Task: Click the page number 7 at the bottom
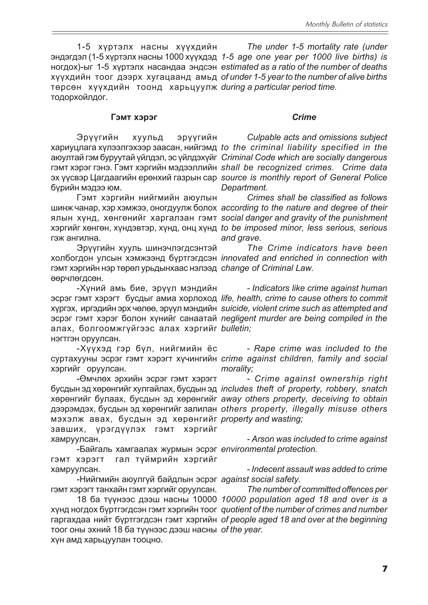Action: pos(385,576)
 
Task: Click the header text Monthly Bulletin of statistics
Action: pos(346,24)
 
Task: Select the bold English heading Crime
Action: pos(304,117)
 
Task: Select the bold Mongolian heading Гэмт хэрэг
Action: pos(134,117)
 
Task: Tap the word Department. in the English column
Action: pos(244,188)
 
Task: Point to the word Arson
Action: pos(264,439)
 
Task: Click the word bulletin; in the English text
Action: pos(236,329)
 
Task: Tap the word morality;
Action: pos(237,369)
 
